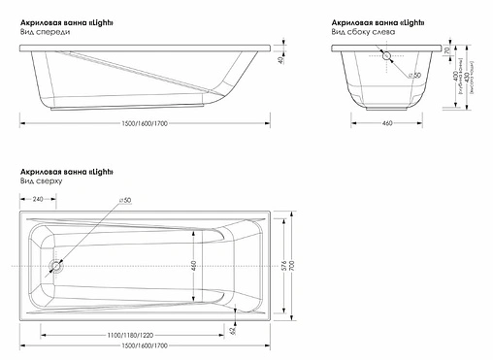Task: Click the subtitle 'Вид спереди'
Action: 44,32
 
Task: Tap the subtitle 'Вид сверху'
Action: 42,181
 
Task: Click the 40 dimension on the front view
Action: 279,61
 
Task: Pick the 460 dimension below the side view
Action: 385,123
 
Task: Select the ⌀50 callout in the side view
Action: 413,74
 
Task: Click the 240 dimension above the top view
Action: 38,199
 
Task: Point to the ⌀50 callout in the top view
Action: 126,200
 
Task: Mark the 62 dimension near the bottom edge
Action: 234,330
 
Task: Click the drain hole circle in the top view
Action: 54,264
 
